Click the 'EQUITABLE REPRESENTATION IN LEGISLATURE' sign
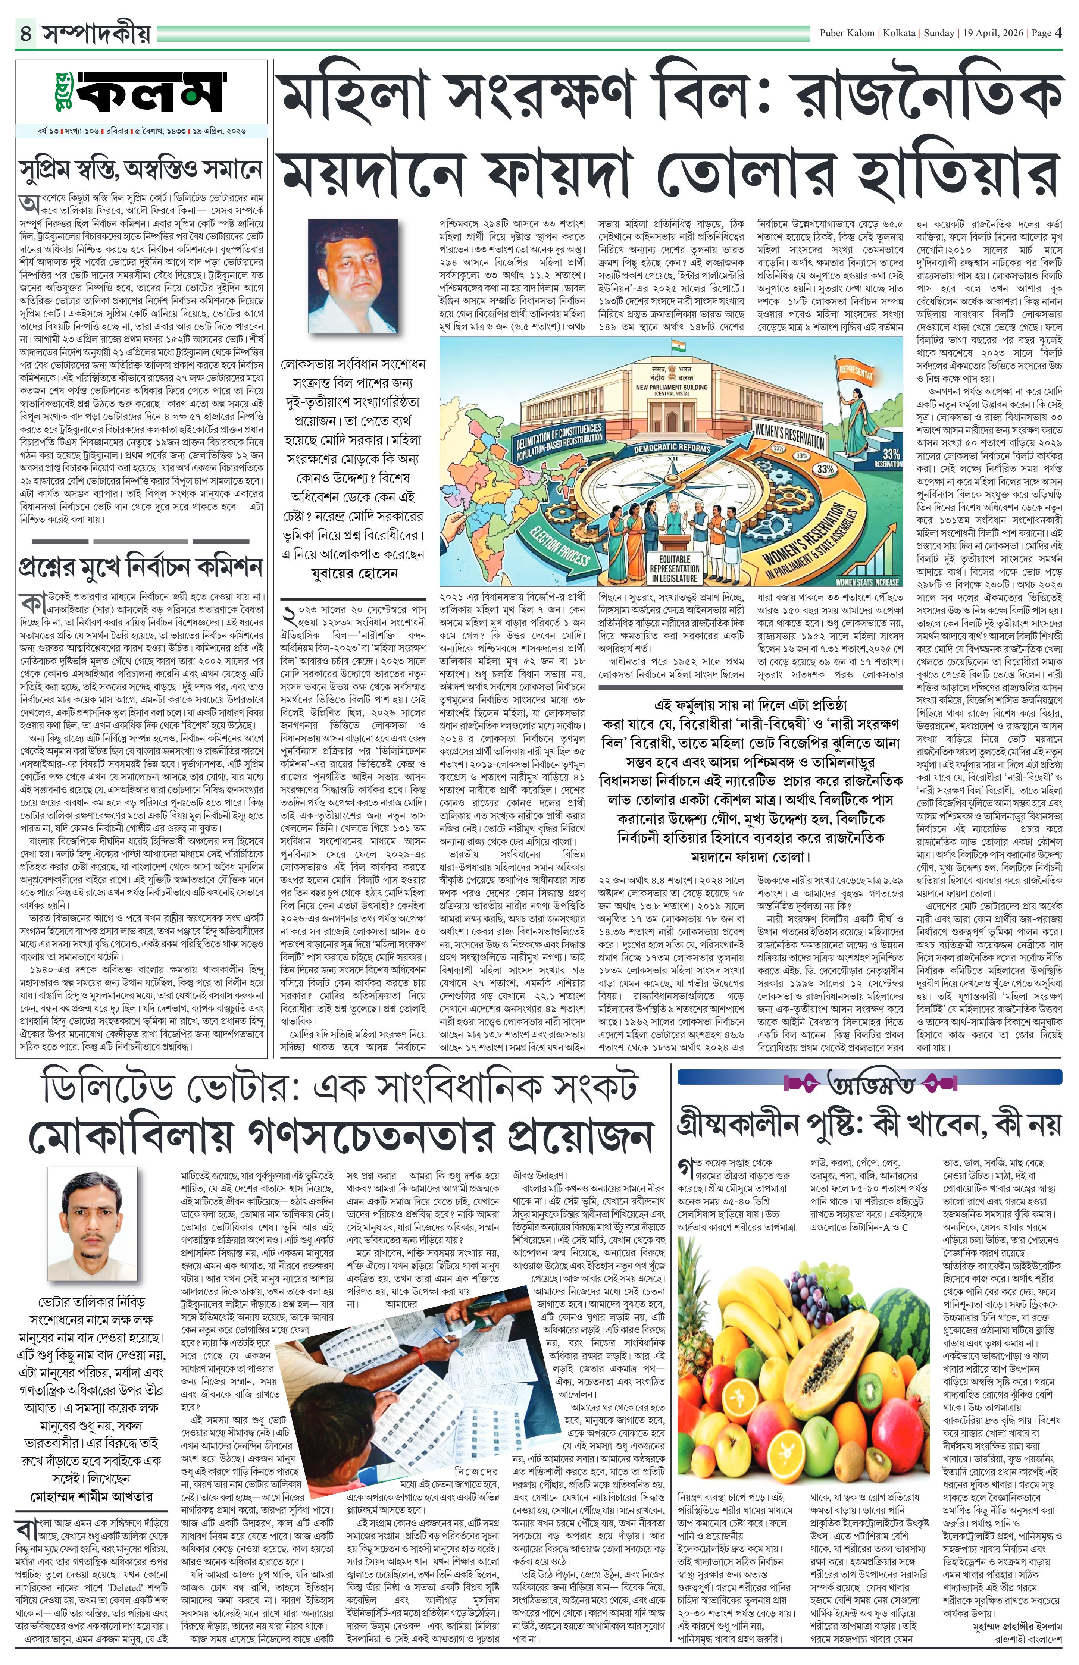tap(675, 568)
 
